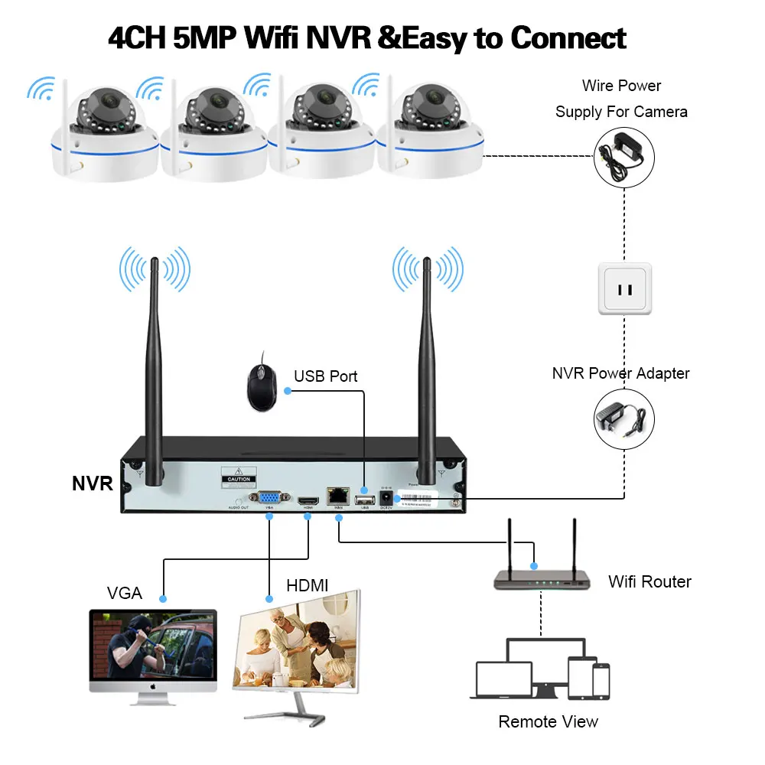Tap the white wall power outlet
[624, 288]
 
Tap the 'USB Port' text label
[326, 376]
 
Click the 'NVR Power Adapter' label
[620, 373]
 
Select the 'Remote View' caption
[548, 721]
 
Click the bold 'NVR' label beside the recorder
[93, 483]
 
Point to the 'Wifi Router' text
[649, 581]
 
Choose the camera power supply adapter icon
[624, 157]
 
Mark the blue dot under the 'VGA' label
[162, 596]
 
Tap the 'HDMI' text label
[308, 585]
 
